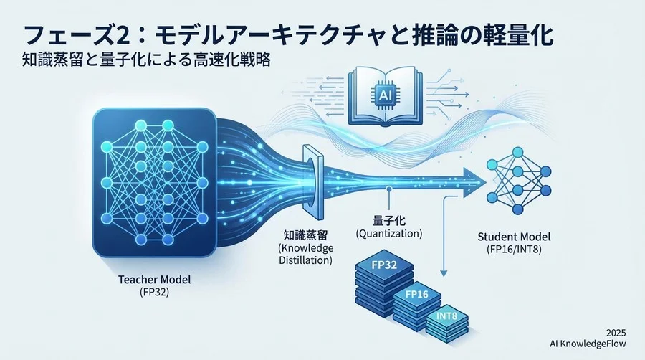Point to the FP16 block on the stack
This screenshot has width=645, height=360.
pyautogui.click(x=416, y=293)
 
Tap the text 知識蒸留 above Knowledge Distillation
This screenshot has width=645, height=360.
pyautogui.click(x=305, y=235)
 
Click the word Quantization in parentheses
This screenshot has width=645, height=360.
pyautogui.click(x=388, y=233)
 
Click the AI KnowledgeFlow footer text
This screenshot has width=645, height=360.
pyautogui.click(x=593, y=345)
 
